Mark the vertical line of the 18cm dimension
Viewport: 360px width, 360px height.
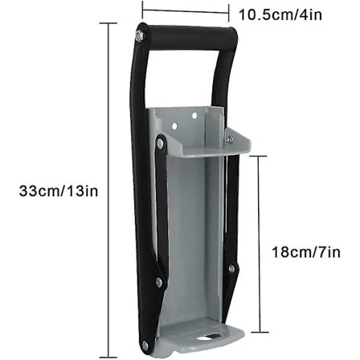click(258, 241)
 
